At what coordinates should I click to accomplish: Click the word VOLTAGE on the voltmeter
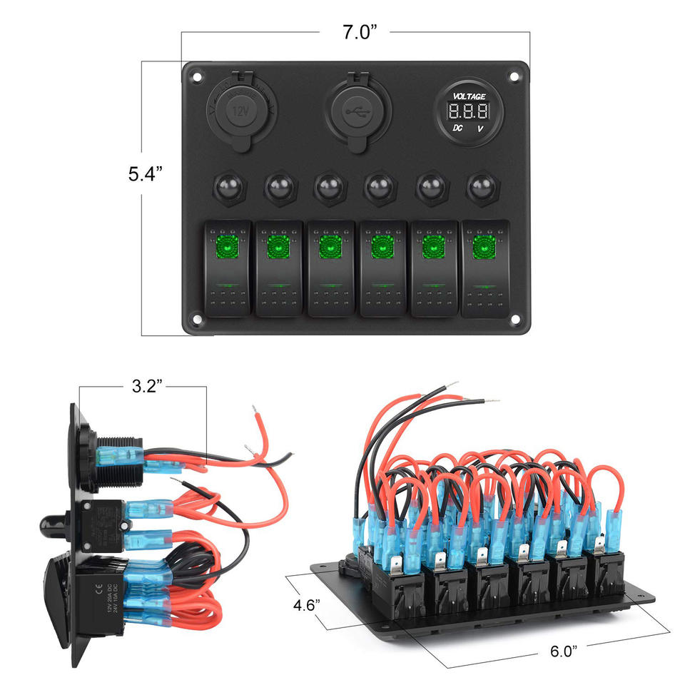469,96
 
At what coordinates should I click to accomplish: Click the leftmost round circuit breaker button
227,189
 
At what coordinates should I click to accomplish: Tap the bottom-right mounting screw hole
516,321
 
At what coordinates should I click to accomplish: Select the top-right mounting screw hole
516,73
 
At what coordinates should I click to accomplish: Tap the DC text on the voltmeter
455,128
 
